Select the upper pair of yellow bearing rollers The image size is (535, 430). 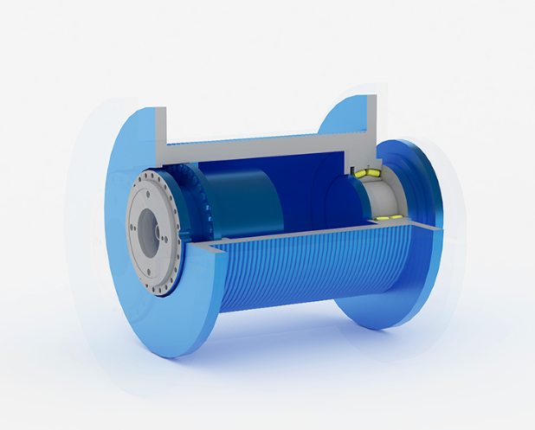click(367, 174)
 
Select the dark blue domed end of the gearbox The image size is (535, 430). click(333, 195)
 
